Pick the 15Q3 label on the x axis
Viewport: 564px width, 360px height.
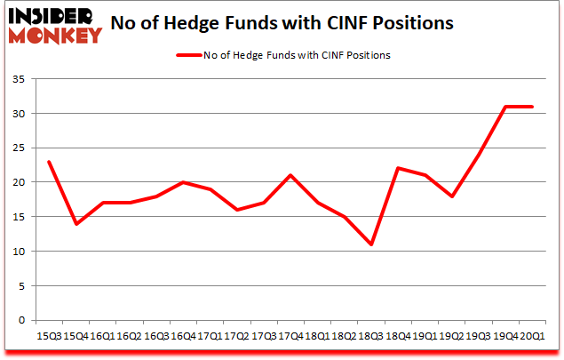[x=48, y=335]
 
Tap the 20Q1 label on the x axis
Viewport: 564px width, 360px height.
[x=533, y=335]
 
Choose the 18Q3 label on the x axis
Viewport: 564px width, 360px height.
[x=371, y=335]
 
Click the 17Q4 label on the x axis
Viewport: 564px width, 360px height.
[x=290, y=335]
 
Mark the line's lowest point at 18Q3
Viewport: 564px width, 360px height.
[x=371, y=244]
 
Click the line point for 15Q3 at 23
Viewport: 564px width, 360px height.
[x=48, y=162]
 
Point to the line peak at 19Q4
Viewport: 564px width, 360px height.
[x=505, y=107]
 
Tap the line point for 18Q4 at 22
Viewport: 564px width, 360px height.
[x=398, y=169]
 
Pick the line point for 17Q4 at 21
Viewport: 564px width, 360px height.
[x=290, y=176]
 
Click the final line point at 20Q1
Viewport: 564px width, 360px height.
[x=533, y=107]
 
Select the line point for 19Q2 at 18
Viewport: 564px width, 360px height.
[x=452, y=196]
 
